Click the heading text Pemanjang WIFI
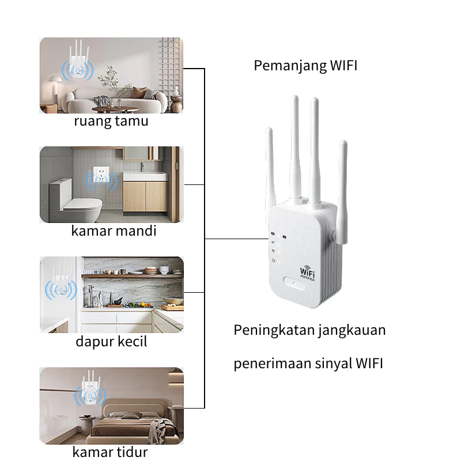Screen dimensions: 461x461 coord(305,66)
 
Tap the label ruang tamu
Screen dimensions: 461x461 coord(111,121)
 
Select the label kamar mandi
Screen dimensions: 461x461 coord(114,231)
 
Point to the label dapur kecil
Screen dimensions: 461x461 coord(111,341)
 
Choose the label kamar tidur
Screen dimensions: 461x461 coord(110,452)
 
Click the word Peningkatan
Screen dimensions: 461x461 coord(273,330)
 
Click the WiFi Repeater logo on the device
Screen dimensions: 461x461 coord(307,273)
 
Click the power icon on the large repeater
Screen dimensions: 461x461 coord(273,260)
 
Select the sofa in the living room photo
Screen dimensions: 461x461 coord(116,99)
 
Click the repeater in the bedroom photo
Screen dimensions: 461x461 coord(90,387)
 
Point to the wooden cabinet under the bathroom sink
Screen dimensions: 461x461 coord(145,196)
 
